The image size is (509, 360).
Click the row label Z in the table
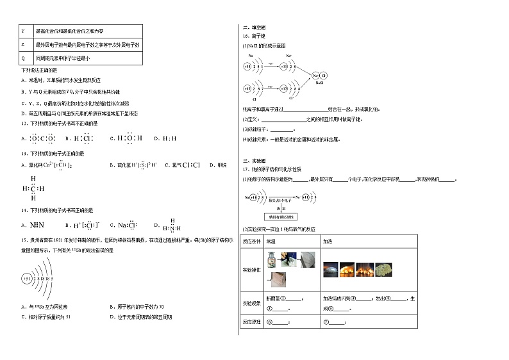point(23,45)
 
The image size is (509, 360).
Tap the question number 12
point(24,123)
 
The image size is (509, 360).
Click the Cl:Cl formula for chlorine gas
point(192,165)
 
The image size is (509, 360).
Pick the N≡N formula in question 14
point(36,225)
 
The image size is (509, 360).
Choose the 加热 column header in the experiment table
point(327,241)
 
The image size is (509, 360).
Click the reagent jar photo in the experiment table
point(272,258)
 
